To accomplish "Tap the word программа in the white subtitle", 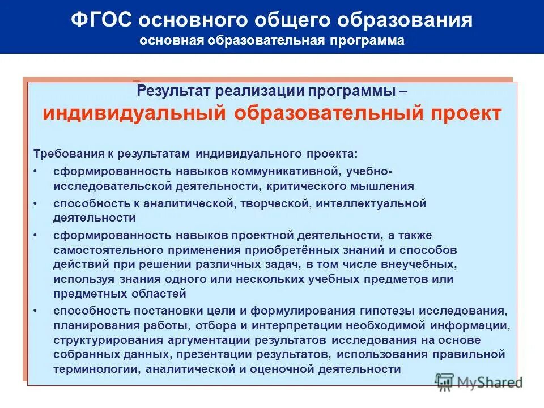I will click(372, 41).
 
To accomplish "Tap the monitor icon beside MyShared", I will click(445, 381).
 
